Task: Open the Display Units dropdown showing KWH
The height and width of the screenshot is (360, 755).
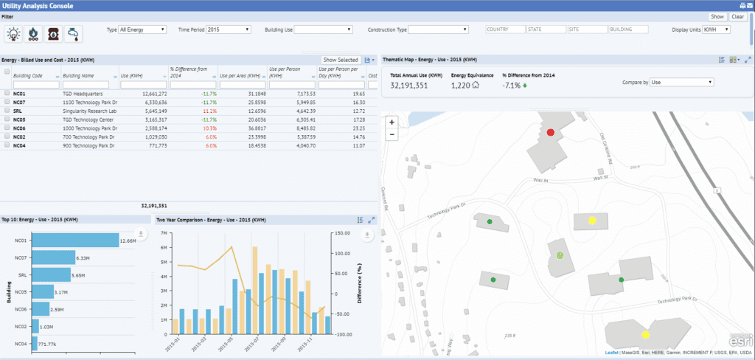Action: [715, 30]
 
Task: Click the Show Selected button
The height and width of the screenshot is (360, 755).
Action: [341, 60]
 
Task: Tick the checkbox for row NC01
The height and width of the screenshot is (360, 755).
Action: [7, 94]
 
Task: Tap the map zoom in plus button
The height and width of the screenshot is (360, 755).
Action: [392, 122]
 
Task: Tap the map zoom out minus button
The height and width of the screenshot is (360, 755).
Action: [392, 134]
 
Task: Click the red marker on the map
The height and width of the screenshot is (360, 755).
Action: [550, 132]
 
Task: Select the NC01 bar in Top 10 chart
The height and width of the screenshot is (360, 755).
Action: [77, 240]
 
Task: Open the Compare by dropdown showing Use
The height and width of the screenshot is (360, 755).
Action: [681, 83]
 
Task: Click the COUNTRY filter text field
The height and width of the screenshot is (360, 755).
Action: [504, 30]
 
